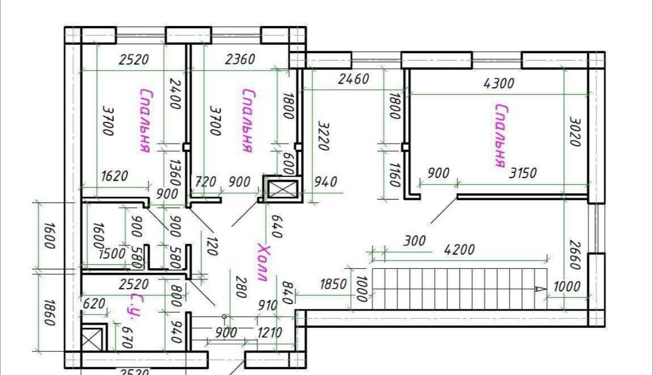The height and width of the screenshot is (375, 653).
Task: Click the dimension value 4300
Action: pos(499,83)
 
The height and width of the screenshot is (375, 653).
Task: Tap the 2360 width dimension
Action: pos(240,59)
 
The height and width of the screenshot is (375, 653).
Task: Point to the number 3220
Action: pos(323,136)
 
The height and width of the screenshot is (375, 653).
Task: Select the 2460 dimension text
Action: pos(354,79)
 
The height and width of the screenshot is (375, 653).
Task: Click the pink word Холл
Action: pos(264,263)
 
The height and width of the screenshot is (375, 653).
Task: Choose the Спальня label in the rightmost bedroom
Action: pos(501,135)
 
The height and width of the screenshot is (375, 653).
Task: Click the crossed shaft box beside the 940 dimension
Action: pos(283,189)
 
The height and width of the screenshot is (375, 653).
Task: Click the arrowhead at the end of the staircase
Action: pos(540,289)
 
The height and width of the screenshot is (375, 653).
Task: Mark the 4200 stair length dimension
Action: pos(459,250)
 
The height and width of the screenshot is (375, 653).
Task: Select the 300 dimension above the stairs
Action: pos(414,241)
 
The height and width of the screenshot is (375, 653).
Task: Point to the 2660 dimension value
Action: pos(575,255)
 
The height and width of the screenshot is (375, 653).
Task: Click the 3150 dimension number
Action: pos(523,173)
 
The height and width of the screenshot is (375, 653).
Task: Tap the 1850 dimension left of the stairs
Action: pos(333,284)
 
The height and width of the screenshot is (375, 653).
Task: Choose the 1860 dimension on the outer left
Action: pos(49,312)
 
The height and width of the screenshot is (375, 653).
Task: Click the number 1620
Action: pos(115,176)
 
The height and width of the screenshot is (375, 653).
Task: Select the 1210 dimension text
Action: pos(270,333)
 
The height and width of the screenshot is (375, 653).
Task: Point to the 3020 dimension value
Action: pos(575,132)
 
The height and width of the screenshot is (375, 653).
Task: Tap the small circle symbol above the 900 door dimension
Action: pos(224,317)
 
